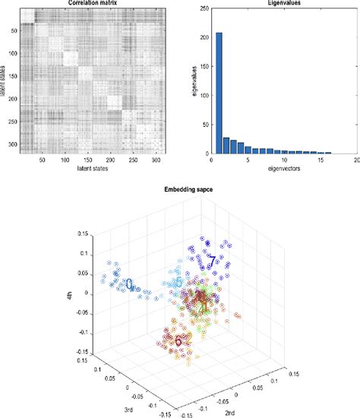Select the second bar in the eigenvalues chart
coord(226,144)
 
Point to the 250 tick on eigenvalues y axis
coord(203,8)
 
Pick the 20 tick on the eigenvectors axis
coord(355,159)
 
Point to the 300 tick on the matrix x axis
coord(155,159)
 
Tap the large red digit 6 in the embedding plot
coord(178,340)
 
